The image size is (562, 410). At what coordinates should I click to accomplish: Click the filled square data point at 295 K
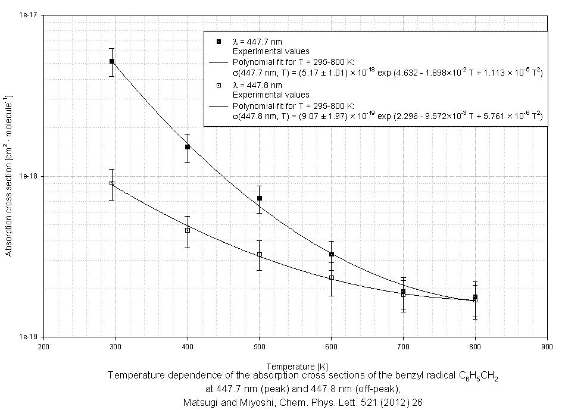112,61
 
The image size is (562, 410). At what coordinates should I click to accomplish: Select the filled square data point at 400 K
188,147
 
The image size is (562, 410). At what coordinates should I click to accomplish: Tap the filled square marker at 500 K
260,198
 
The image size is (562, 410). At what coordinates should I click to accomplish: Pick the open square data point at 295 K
112,183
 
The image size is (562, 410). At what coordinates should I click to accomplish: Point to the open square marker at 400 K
188,230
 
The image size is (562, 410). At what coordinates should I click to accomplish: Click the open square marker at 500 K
260,255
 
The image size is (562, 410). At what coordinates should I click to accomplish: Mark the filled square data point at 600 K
332,255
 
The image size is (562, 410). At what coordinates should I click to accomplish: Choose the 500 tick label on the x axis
260,346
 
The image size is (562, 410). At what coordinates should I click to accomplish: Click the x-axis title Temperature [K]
295,367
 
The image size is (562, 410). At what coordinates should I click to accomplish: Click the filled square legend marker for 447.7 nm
219,41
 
